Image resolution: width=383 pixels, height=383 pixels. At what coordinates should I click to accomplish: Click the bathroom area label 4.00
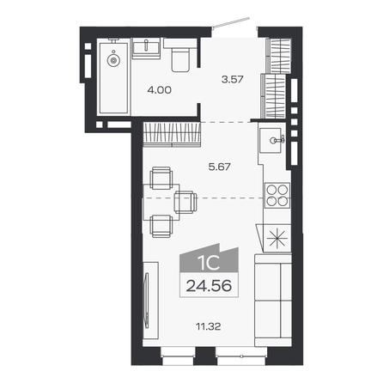(159, 90)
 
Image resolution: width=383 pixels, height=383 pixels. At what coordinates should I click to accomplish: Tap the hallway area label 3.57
(233, 79)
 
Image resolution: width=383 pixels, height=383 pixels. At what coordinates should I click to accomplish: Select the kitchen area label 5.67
(220, 167)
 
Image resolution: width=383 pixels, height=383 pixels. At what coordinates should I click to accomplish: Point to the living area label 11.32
(208, 326)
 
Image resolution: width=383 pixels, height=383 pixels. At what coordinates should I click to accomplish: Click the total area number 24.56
(209, 286)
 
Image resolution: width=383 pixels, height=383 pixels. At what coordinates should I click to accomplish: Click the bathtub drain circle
(113, 60)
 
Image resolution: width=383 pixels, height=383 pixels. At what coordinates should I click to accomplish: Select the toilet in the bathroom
(180, 55)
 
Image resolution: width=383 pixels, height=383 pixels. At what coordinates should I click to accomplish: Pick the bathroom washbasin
(146, 48)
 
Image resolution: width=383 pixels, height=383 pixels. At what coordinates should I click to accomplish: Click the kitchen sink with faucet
(270, 141)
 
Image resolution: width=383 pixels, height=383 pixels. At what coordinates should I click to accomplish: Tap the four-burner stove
(277, 195)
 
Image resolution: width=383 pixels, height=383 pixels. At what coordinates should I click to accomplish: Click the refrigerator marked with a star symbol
(277, 238)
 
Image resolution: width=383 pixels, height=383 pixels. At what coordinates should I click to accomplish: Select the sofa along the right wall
(273, 301)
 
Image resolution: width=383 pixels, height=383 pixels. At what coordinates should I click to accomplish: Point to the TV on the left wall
(147, 300)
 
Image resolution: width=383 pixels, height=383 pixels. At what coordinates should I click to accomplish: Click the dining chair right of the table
(185, 202)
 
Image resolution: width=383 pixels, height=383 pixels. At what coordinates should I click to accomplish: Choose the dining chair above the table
(161, 178)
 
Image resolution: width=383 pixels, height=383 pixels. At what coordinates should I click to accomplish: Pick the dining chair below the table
(161, 226)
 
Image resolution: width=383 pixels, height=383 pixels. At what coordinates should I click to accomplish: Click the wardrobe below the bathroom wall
(172, 134)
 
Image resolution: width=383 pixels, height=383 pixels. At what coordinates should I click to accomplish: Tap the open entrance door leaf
(231, 22)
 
